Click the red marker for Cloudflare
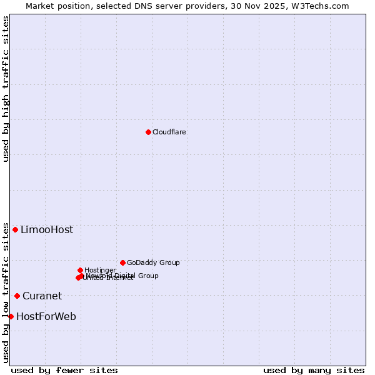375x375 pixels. point(148,132)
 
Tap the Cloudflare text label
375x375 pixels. point(169,132)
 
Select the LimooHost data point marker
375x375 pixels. point(15,229)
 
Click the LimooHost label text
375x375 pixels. point(47,230)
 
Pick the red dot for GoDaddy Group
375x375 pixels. point(122,262)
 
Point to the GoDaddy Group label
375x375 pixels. point(153,262)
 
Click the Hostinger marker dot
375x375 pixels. point(80,270)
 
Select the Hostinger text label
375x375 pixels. point(100,270)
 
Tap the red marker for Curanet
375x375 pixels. point(17,296)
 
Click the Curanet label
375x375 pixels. point(42,296)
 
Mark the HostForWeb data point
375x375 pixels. point(11,316)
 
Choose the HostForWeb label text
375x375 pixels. point(46,317)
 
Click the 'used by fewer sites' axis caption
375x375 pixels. point(64,370)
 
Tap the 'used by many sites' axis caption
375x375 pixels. point(314,370)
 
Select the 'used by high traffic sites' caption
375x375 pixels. point(6,89)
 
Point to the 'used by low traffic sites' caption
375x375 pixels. point(6,292)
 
